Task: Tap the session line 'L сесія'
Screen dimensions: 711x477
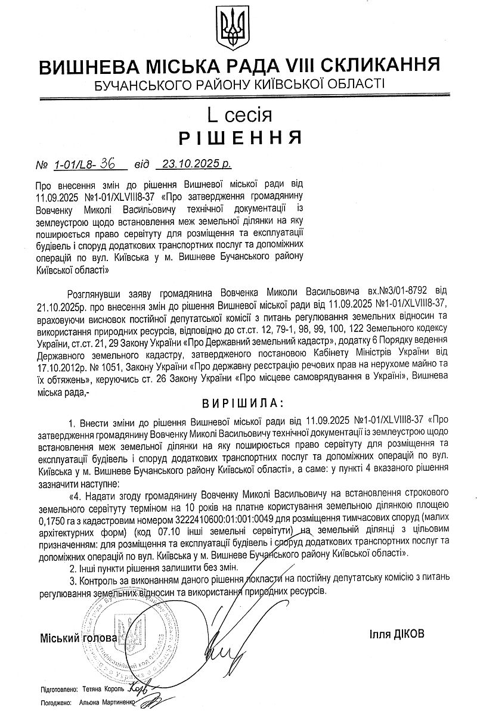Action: click(238, 113)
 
